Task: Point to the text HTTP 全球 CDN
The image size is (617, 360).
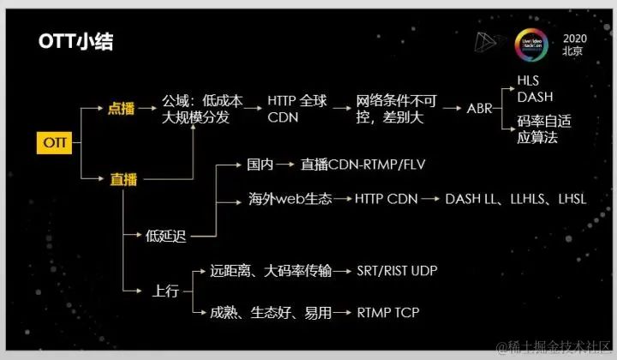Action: pos(297,109)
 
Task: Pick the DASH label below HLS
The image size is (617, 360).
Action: pos(534,96)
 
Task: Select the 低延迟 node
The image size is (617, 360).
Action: pos(166,237)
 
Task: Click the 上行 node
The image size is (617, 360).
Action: pos(166,291)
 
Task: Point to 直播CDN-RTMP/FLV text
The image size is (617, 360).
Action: pos(363,163)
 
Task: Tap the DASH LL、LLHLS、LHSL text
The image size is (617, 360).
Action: pos(515,200)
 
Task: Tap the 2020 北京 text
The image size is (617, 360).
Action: pos(575,45)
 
